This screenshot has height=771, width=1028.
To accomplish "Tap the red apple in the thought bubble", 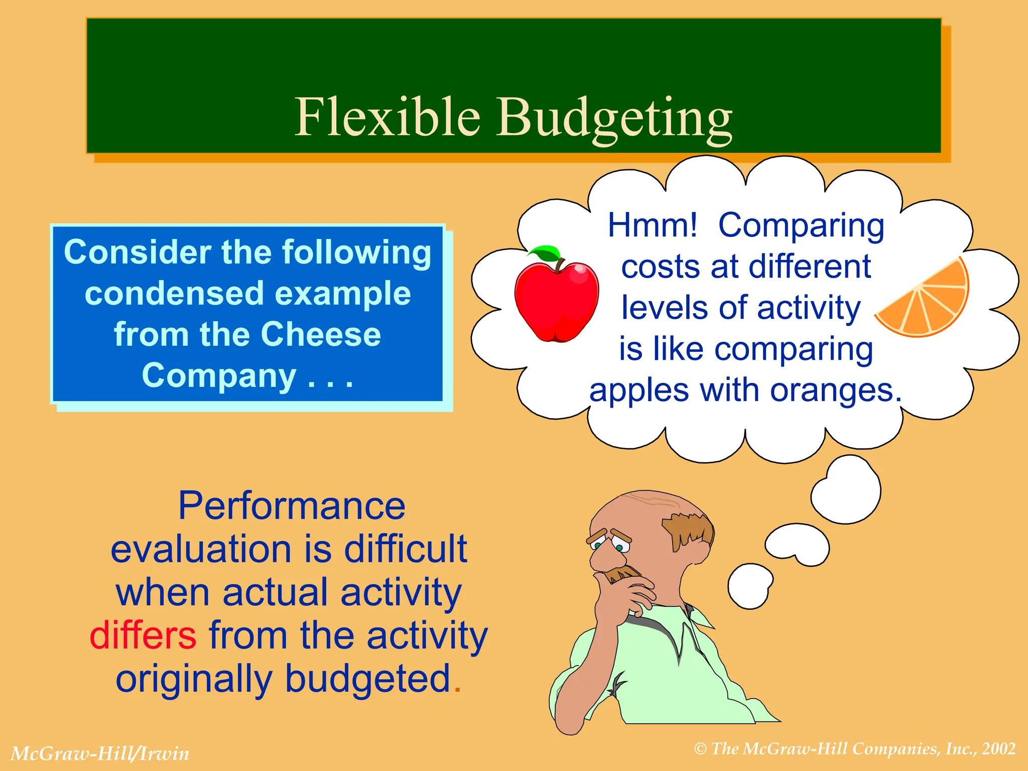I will tap(556, 301).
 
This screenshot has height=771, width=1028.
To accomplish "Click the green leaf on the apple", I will tap(546, 252).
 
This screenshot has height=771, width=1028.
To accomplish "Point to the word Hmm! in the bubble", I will tap(652, 225).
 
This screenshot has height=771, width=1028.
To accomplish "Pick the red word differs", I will tap(143, 635).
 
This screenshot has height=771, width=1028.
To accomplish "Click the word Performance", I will tap(292, 506).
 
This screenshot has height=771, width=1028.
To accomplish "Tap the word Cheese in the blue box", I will tap(321, 334).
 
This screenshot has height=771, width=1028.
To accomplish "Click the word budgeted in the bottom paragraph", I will tap(367, 679).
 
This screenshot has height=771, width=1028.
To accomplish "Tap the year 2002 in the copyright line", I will tap(999, 749).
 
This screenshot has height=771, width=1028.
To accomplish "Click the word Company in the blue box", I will tap(219, 375).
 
